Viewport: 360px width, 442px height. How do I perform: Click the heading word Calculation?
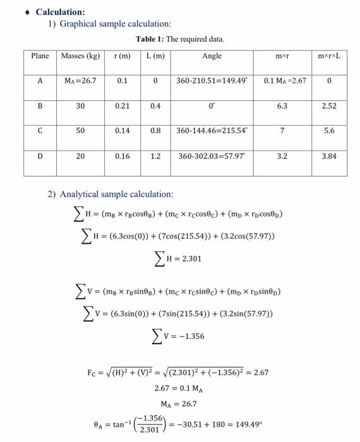tap(60, 12)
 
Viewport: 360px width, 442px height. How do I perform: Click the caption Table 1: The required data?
tap(179, 39)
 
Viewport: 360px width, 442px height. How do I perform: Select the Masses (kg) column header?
tap(80, 56)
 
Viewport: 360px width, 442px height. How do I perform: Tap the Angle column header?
tap(212, 56)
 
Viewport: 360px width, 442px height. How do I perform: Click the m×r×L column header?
tap(329, 56)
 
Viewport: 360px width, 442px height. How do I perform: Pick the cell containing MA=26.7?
tap(80, 81)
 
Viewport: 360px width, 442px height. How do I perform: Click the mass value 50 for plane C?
tap(80, 131)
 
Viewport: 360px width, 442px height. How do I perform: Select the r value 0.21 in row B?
tap(123, 106)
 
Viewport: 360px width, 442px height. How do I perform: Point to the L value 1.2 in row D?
tap(155, 155)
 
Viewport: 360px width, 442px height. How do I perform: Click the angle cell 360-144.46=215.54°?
tap(212, 131)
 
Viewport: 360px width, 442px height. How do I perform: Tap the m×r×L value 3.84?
tap(329, 155)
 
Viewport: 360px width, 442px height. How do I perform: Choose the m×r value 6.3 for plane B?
tap(282, 106)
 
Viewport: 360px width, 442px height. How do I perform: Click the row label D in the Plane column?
tap(40, 155)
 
